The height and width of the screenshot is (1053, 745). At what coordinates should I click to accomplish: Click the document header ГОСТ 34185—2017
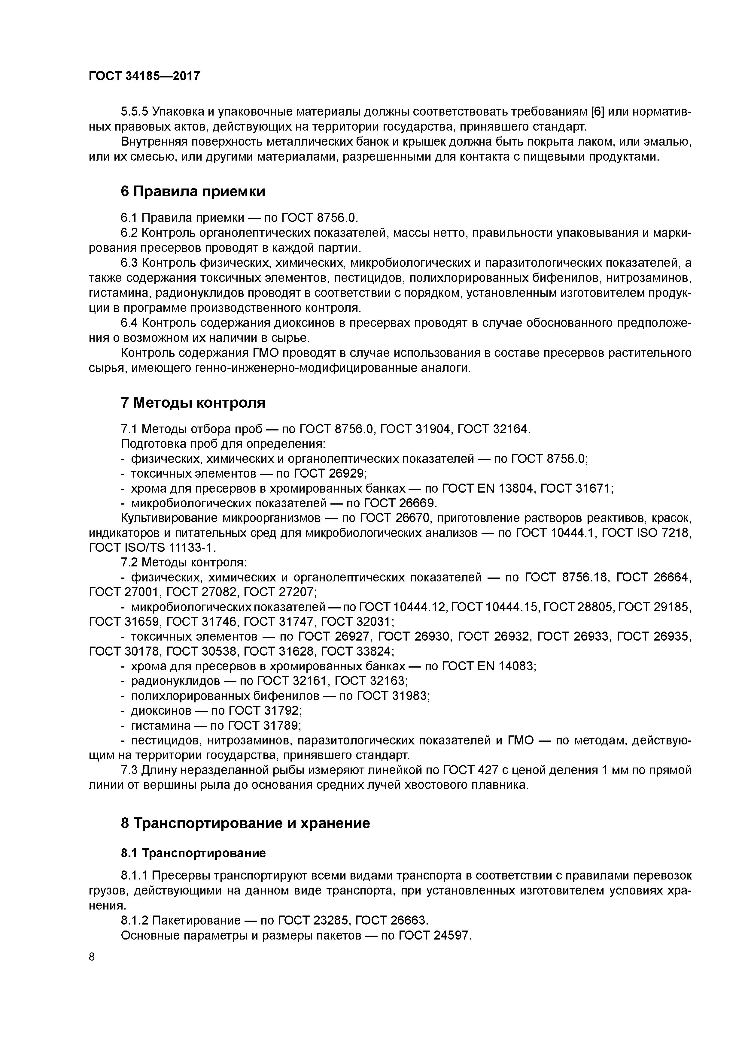coord(144,76)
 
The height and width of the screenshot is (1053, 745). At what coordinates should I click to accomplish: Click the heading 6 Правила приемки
coord(193,191)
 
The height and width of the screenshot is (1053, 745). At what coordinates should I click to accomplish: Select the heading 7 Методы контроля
coord(193,403)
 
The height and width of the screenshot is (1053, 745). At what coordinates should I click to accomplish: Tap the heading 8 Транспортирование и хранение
coord(245,823)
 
